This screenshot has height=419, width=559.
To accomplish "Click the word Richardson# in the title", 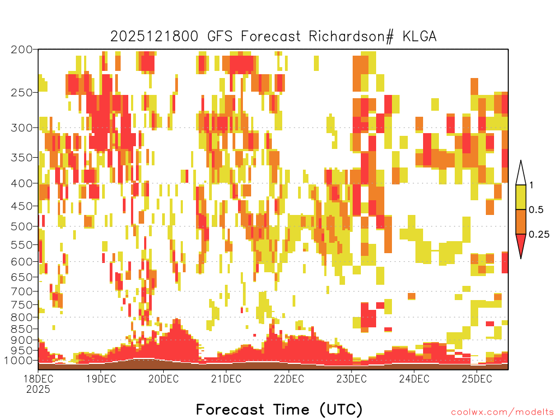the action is pos(351,37).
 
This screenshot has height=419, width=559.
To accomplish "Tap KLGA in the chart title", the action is pos(419,37).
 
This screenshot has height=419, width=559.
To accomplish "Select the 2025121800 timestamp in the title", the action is pos(154,37).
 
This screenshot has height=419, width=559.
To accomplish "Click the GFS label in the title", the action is pos(219,37).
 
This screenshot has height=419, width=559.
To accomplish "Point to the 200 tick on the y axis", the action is pos(21,50).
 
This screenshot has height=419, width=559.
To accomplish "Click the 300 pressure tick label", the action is pos(21,128).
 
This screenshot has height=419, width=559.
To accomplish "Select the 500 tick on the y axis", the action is pos(21,226).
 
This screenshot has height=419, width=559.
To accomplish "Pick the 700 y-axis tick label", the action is pos(21,291).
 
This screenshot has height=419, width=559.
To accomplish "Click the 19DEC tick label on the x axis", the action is pos(101,379).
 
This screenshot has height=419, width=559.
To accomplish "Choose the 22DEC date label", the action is pos(289,379).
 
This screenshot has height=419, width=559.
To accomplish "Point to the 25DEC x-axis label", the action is pos(477,379).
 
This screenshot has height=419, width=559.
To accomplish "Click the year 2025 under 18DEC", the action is pos(38,389).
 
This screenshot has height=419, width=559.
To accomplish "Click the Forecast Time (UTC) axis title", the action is pos(279,409).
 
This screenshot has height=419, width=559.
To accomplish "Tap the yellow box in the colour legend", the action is pos(521,197).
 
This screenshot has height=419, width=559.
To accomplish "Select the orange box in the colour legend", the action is pos(521,222).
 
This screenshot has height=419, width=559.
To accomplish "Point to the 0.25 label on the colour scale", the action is pos(539,235).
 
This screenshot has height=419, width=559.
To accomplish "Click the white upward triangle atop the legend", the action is pos(521,175).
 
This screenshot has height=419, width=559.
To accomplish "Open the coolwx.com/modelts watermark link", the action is pos(503,412).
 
